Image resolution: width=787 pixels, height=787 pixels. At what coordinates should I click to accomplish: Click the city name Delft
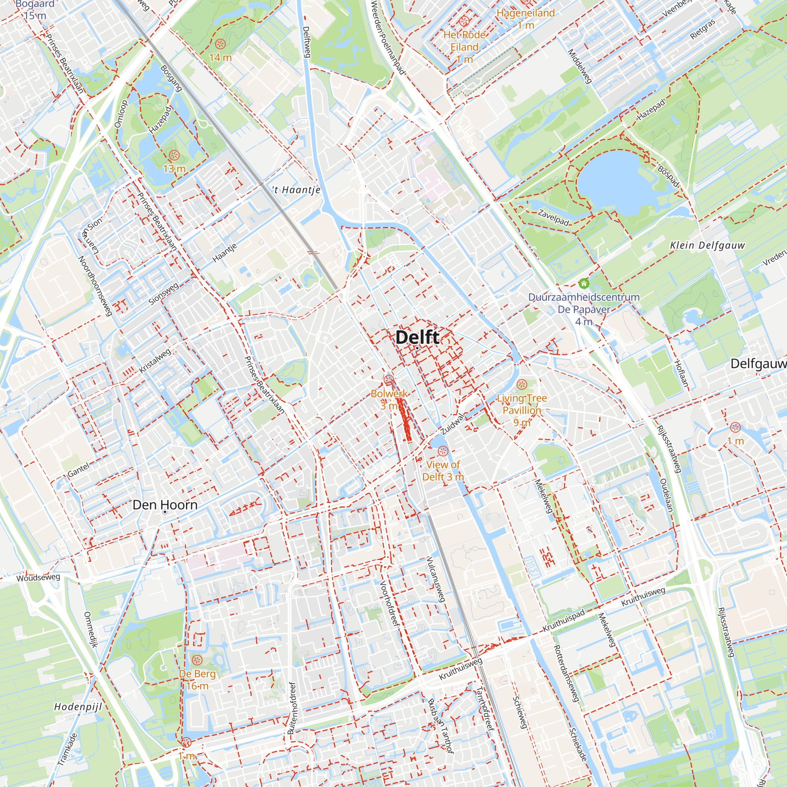pos(417,337)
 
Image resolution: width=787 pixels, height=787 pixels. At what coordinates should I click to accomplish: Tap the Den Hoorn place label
pos(165,505)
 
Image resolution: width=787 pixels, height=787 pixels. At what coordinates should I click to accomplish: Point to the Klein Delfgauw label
pos(707,245)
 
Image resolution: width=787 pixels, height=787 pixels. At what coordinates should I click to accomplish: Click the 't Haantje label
pos(296,190)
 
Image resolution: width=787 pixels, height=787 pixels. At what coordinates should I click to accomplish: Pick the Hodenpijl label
pos(78,707)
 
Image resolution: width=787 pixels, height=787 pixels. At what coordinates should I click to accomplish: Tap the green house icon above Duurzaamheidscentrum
pos(584,283)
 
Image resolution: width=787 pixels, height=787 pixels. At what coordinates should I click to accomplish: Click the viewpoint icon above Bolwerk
pos(389,381)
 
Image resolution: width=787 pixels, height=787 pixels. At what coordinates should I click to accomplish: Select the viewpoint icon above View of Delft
pos(443,451)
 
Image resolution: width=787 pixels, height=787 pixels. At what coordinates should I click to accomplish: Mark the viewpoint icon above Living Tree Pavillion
pos(522,384)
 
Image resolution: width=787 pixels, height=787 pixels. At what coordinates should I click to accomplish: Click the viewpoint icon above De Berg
pos(197,660)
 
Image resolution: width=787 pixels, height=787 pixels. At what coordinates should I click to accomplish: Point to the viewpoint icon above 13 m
pos(174,155)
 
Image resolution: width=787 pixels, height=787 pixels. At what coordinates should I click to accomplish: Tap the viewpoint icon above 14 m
pos(220,44)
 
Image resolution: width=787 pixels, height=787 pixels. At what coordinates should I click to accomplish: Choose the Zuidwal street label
pos(453,424)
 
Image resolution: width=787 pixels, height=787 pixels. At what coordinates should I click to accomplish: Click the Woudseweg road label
pos(38,578)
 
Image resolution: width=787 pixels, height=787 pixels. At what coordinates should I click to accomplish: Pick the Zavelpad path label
pos(553,218)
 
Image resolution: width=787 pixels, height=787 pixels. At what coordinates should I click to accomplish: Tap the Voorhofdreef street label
pos(390,603)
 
